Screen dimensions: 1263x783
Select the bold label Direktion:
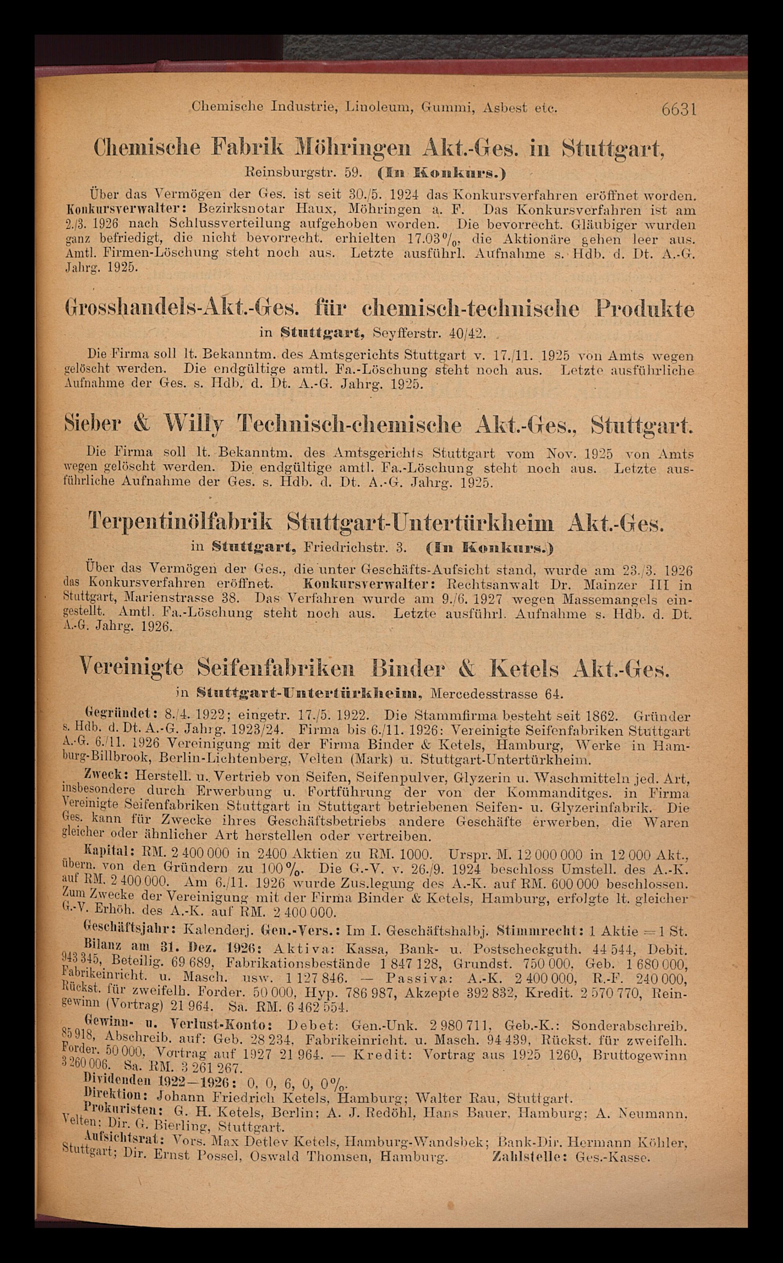coord(117,1098)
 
